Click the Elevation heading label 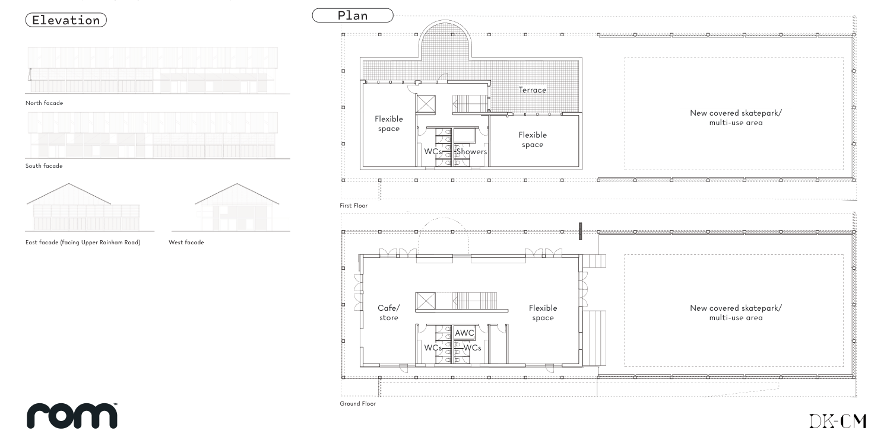(x=66, y=20)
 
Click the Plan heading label (x=353, y=15)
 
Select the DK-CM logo (x=838, y=421)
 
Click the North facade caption (x=44, y=103)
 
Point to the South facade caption (x=44, y=166)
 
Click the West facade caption (x=186, y=243)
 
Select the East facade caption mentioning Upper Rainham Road (x=83, y=243)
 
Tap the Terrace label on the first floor (x=532, y=90)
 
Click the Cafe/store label (x=389, y=313)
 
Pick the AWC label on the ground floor (x=464, y=333)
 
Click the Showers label (x=471, y=152)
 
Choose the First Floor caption (x=353, y=206)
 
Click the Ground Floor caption (x=357, y=404)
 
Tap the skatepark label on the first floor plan (x=736, y=117)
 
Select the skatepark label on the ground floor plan (x=736, y=313)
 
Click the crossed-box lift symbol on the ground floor (x=425, y=301)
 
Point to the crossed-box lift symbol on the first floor (x=425, y=104)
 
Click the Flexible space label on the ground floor (x=543, y=313)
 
